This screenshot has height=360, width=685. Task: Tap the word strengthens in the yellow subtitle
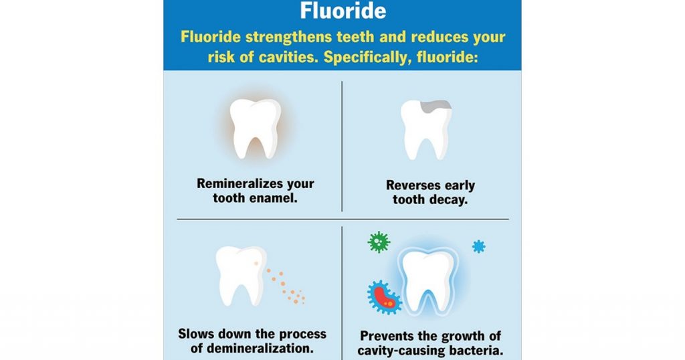point(278,37)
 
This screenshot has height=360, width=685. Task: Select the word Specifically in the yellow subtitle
point(367,57)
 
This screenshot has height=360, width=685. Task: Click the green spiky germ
point(379,241)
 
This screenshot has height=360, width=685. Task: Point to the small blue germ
point(478,246)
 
